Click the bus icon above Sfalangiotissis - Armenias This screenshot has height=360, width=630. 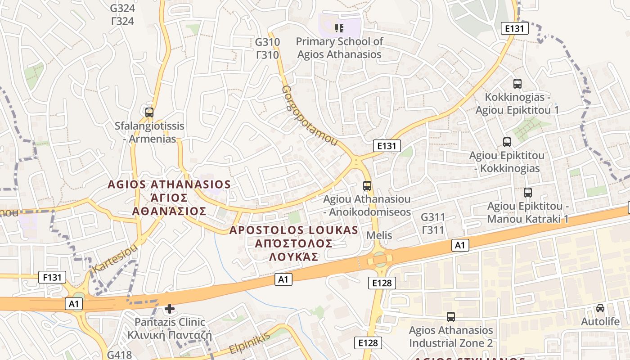pos(149,112)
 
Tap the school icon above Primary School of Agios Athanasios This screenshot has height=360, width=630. pos(339,28)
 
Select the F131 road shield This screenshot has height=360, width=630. pos(52,277)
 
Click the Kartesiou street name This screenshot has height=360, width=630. pos(114,260)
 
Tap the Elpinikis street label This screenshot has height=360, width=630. pos(249,343)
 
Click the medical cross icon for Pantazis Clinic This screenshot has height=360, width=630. pos(169,309)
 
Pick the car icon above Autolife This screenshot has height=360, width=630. pos(600,308)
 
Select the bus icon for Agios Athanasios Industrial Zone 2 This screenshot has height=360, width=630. pos(450,316)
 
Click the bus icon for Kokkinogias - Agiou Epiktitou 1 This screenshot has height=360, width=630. pos(517,83)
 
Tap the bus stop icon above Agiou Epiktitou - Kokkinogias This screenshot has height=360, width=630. pos(507,142)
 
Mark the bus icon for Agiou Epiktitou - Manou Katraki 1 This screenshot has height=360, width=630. pos(528,193)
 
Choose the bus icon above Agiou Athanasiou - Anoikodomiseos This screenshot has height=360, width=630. pos(367,185)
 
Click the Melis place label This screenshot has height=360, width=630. pos(379,235)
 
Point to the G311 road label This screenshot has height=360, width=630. pos(433,217)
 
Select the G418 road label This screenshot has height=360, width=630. pos(119,355)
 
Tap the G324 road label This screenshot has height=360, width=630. pos(122,8)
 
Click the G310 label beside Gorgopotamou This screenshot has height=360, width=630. pos(267,42)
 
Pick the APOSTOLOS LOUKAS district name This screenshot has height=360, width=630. pos(294,230)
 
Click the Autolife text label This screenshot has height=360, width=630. pos(600,322)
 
